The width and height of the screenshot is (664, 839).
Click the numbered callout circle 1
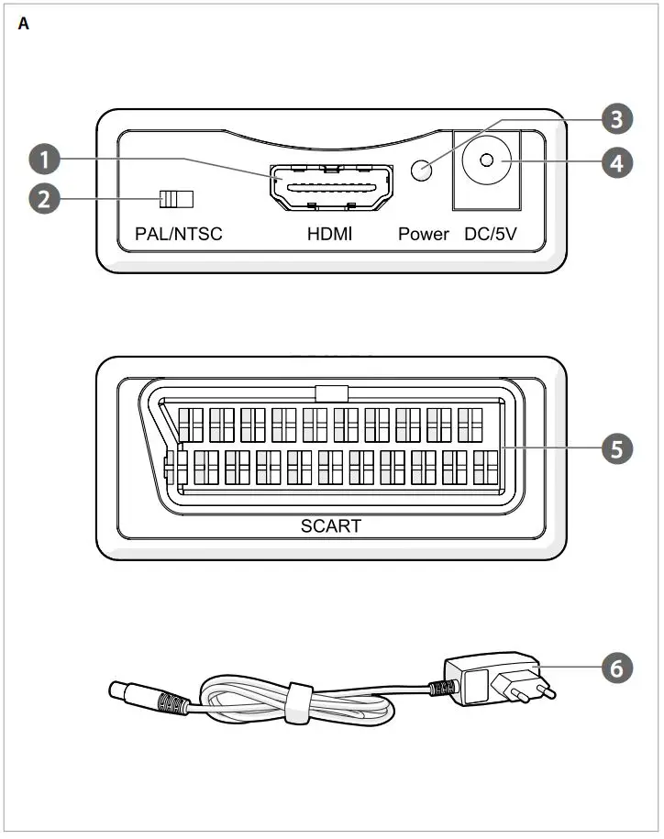pos(42,159)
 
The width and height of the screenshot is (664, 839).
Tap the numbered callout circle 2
pos(42,199)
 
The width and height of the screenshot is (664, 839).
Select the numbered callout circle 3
pos(616,118)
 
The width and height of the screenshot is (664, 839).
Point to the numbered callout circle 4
pos(616,163)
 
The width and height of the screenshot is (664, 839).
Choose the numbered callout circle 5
pos(616,448)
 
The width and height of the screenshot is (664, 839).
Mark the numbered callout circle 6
pos(616,668)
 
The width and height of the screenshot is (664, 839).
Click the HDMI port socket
pos(330,187)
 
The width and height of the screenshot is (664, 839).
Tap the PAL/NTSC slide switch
pos(177,199)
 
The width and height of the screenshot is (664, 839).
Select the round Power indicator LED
pos(422,170)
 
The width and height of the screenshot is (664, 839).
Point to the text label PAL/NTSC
pos(178,234)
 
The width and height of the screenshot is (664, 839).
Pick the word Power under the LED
pos(423,234)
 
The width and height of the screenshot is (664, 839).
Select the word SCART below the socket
pos(331,526)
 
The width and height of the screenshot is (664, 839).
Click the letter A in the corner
pos(24,25)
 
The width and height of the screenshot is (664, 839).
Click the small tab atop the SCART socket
pos(331,393)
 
